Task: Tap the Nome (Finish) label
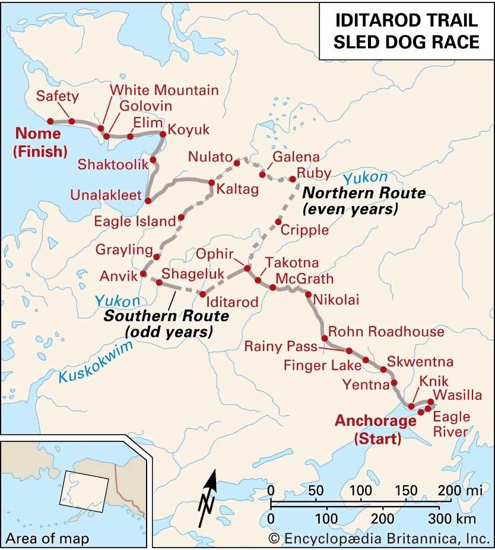[x=40, y=142]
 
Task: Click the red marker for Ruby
[x=292, y=179]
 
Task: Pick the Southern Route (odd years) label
[x=158, y=323]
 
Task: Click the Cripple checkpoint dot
[x=278, y=222]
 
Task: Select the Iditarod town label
[x=232, y=302]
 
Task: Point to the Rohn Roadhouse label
[x=386, y=331]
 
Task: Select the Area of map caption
[x=47, y=539]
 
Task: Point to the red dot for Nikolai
[x=309, y=294]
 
